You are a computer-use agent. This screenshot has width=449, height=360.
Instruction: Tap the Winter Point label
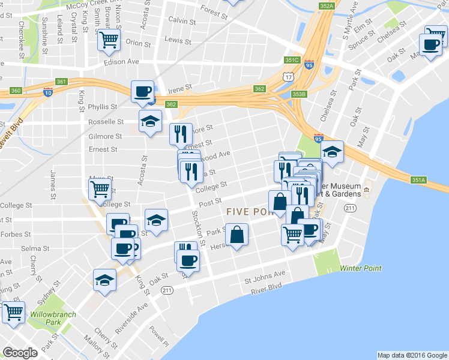360,268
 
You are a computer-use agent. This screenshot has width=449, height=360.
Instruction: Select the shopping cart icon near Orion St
109,40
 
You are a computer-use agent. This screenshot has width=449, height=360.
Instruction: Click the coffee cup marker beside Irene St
142,92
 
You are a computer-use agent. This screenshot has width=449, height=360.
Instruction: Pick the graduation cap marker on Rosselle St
149,122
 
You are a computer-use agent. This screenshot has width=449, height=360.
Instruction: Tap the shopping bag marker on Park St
237,235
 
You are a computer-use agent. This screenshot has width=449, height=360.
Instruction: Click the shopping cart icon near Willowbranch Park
13,312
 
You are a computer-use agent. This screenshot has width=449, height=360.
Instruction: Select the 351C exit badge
292,60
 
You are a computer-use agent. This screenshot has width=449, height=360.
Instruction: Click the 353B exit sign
298,94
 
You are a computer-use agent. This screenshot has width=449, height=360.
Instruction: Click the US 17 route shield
289,77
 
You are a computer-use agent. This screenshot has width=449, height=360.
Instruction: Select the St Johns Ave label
265,278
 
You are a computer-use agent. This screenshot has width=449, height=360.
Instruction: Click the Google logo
20,353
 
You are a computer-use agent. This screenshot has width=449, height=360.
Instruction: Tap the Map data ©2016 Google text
412,355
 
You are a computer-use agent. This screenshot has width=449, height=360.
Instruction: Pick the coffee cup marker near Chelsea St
430,44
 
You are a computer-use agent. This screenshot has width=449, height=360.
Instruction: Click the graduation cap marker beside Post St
156,220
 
